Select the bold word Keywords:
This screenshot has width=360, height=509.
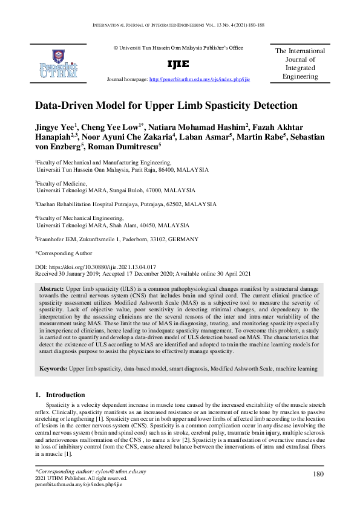(x=54, y=368)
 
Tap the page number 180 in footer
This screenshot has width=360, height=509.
(x=318, y=475)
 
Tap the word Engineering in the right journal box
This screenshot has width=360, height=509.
(x=300, y=77)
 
